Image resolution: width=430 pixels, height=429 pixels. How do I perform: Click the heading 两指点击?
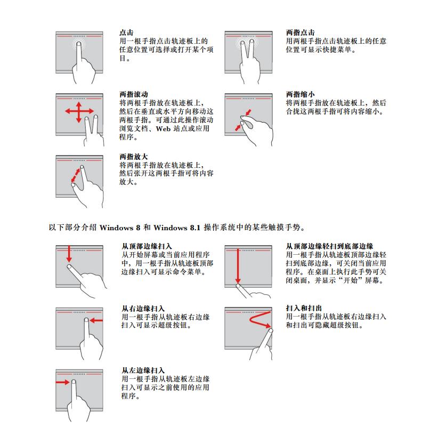click(x=300, y=33)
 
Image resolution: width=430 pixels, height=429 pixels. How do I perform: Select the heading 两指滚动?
click(x=133, y=94)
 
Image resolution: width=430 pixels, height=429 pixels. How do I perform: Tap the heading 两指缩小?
click(x=300, y=94)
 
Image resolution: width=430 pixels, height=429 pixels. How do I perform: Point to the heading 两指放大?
click(x=133, y=157)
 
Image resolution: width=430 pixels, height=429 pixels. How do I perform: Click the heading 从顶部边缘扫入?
click(x=147, y=246)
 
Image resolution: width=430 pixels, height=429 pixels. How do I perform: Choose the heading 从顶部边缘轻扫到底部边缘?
click(x=329, y=246)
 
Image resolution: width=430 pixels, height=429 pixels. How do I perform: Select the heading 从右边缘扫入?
click(x=143, y=308)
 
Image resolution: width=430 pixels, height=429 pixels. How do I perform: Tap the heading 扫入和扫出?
click(x=304, y=308)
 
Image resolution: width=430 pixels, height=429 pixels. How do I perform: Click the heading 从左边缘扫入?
click(x=143, y=370)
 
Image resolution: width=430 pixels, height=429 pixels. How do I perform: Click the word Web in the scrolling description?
click(x=163, y=128)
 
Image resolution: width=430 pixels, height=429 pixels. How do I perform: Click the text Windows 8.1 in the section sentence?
click(x=176, y=228)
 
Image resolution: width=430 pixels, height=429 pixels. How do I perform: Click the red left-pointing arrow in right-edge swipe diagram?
click(x=96, y=320)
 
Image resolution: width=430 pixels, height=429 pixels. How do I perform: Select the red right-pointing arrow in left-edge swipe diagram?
click(x=63, y=382)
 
